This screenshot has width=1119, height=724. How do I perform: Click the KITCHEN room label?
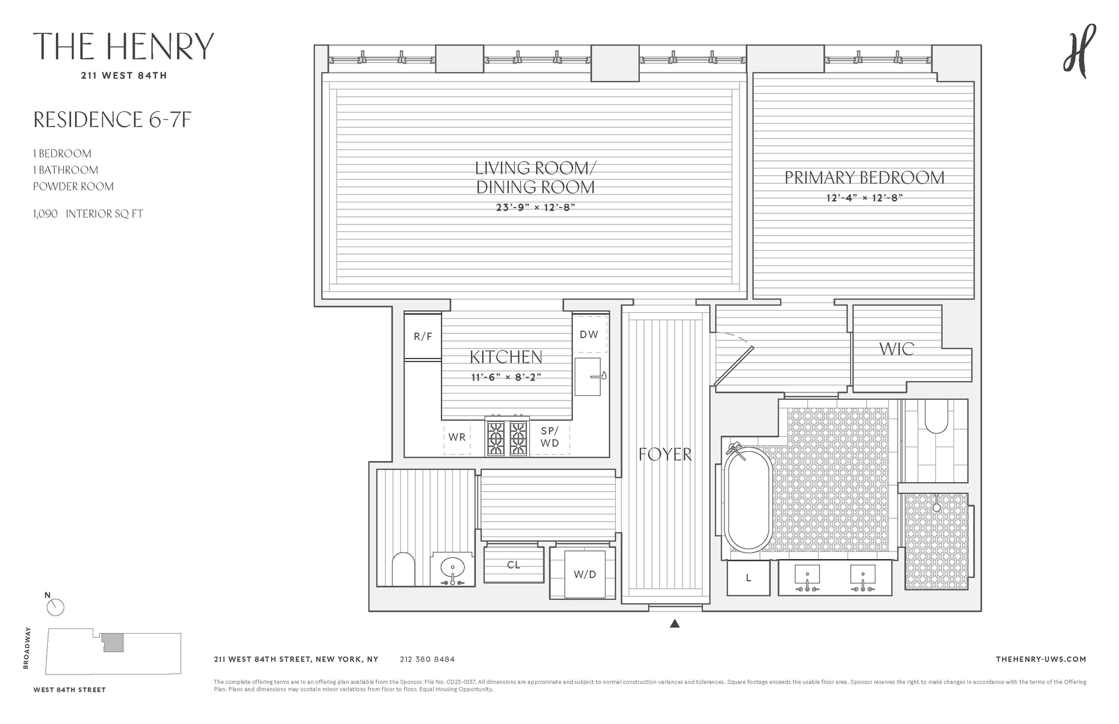[506, 357]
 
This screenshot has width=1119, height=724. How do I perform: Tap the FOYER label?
[665, 454]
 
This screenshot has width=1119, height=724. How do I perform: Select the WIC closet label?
[896, 349]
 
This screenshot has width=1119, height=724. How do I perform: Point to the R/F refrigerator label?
[423, 336]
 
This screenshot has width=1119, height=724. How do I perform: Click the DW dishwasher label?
[589, 335]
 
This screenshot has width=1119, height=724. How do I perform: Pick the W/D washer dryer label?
[585, 574]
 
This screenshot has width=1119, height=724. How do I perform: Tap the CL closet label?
[513, 565]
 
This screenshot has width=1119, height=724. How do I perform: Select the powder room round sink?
[452, 566]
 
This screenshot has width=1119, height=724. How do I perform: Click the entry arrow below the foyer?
[675, 623]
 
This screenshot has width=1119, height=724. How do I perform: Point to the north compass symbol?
[55, 607]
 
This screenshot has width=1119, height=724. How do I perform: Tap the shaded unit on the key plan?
[112, 643]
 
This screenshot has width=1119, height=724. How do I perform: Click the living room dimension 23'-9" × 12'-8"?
[536, 207]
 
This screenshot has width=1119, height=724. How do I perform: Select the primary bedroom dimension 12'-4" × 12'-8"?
[864, 198]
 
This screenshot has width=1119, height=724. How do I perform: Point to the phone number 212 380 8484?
[427, 659]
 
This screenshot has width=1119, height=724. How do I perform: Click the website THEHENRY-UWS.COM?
[1041, 659]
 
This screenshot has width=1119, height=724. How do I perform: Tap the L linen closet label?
[748, 578]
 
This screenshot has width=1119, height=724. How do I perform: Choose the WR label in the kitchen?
[457, 437]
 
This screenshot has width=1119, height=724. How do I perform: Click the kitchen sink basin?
[587, 377]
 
